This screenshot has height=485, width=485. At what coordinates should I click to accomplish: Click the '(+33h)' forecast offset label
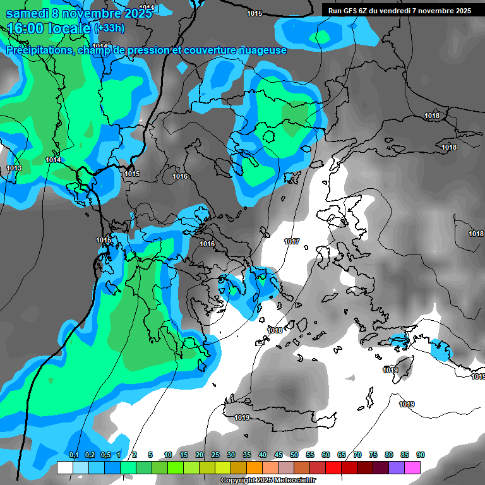coord(109,28)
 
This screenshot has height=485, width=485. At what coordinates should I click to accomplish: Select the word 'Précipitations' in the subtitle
coord(39,50)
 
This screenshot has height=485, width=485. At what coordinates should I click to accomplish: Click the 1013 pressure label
coord(14,168)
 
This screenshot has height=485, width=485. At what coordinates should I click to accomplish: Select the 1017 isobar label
coord(292,241)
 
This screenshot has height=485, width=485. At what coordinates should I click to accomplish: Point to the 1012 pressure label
coord(100,46)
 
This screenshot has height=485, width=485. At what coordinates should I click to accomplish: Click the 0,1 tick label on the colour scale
coord(73,455)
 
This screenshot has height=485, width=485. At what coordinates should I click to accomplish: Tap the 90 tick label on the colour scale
coord(421,455)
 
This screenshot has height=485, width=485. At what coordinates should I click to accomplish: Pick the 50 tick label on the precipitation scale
coord(294,455)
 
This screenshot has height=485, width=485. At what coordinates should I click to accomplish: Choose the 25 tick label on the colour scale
coord(215,455)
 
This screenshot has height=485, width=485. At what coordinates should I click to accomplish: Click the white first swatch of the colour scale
coord(64,467)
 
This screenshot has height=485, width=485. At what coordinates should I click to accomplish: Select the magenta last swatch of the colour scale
coord(413,467)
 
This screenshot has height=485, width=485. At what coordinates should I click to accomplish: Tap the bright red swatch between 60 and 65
coord(333,467)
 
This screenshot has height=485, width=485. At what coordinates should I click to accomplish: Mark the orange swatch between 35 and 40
coord(254,467)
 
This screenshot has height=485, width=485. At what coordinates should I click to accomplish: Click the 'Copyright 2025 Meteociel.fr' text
coord(268,481)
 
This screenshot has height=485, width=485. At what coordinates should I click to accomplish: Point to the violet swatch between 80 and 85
coord(397,467)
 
